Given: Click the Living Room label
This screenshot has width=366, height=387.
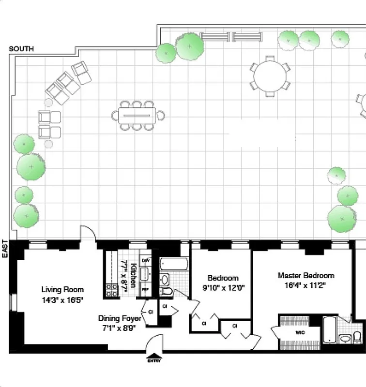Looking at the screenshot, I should point(62,290).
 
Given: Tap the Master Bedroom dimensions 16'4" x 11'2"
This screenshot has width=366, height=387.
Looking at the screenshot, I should point(305,285).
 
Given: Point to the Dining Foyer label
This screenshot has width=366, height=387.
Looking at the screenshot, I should point(120,318).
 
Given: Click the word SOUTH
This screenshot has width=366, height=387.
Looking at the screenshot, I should point(21,49).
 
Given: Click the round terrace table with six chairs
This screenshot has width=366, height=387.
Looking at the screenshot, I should point(270,76).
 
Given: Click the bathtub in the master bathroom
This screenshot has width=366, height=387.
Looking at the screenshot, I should point(329,329).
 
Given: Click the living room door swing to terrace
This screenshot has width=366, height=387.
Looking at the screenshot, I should point(88,233).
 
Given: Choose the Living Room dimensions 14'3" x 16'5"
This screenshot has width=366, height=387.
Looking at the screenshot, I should point(62,299).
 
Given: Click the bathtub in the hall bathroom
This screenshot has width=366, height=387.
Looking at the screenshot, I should point(173,265).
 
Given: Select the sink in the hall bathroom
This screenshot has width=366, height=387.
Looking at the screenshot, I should point(165,280).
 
